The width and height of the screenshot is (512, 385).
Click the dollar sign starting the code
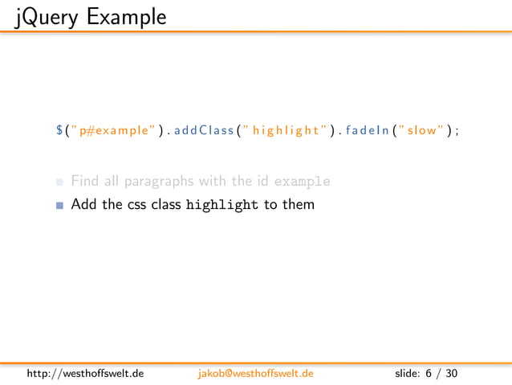click(59, 129)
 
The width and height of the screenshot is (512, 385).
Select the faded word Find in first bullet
click(85, 181)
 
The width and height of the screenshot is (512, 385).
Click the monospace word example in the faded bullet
click(302, 182)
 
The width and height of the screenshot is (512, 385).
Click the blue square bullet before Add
click(60, 205)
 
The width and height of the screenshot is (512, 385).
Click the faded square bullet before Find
click(60, 182)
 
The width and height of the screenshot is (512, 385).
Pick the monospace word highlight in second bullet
click(222, 204)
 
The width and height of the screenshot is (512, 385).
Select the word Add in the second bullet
click(83, 204)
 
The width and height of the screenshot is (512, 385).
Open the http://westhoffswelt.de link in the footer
click(86, 374)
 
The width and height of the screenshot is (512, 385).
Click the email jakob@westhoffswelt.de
click(255, 374)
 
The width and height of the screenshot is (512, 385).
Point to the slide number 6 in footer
click(429, 374)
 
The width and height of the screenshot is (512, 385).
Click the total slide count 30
click(452, 374)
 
